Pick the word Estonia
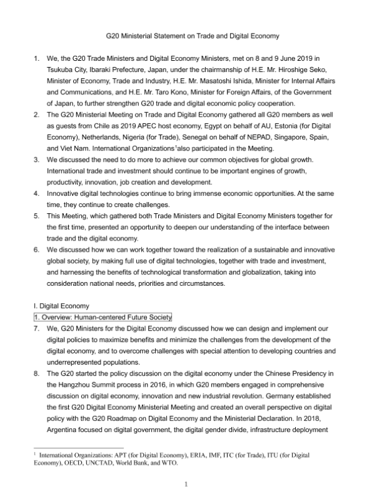[281, 126]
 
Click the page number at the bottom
[185, 483]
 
